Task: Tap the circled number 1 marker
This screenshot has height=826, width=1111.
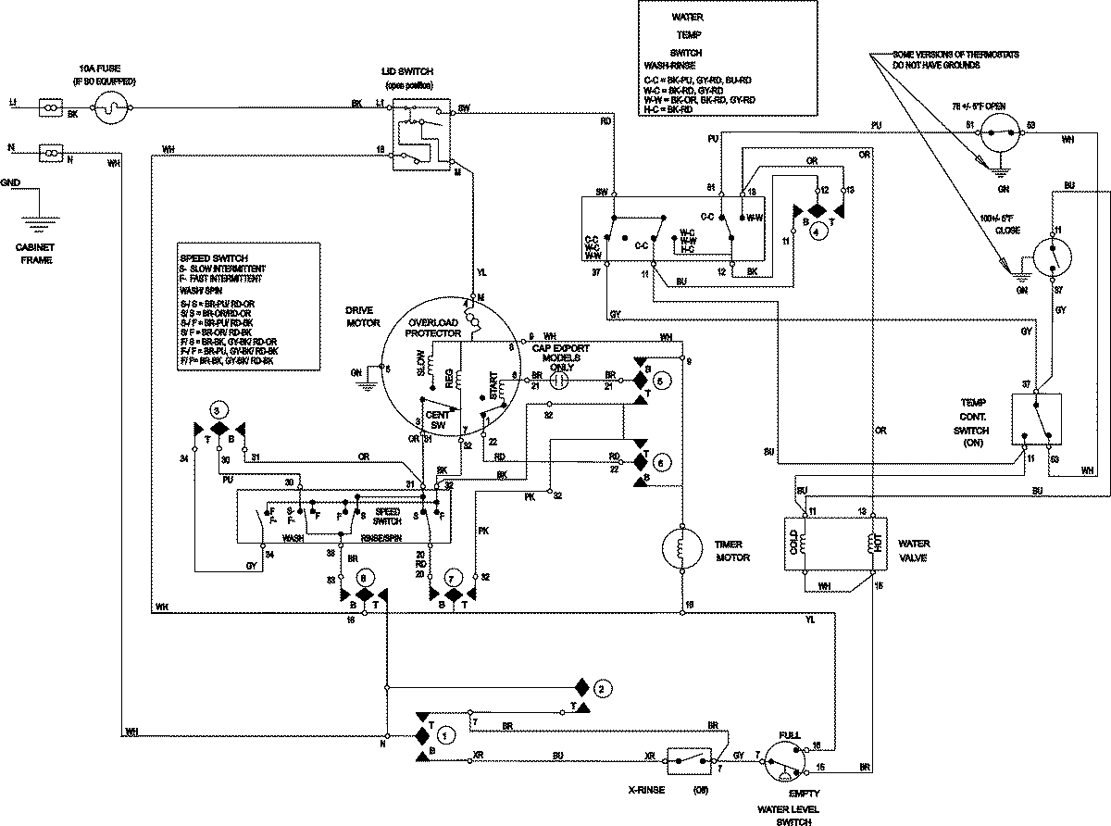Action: pyautogui.click(x=445, y=735)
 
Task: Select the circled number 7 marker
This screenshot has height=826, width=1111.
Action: pyautogui.click(x=453, y=576)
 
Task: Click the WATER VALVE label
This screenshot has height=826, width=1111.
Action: pyautogui.click(x=915, y=551)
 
